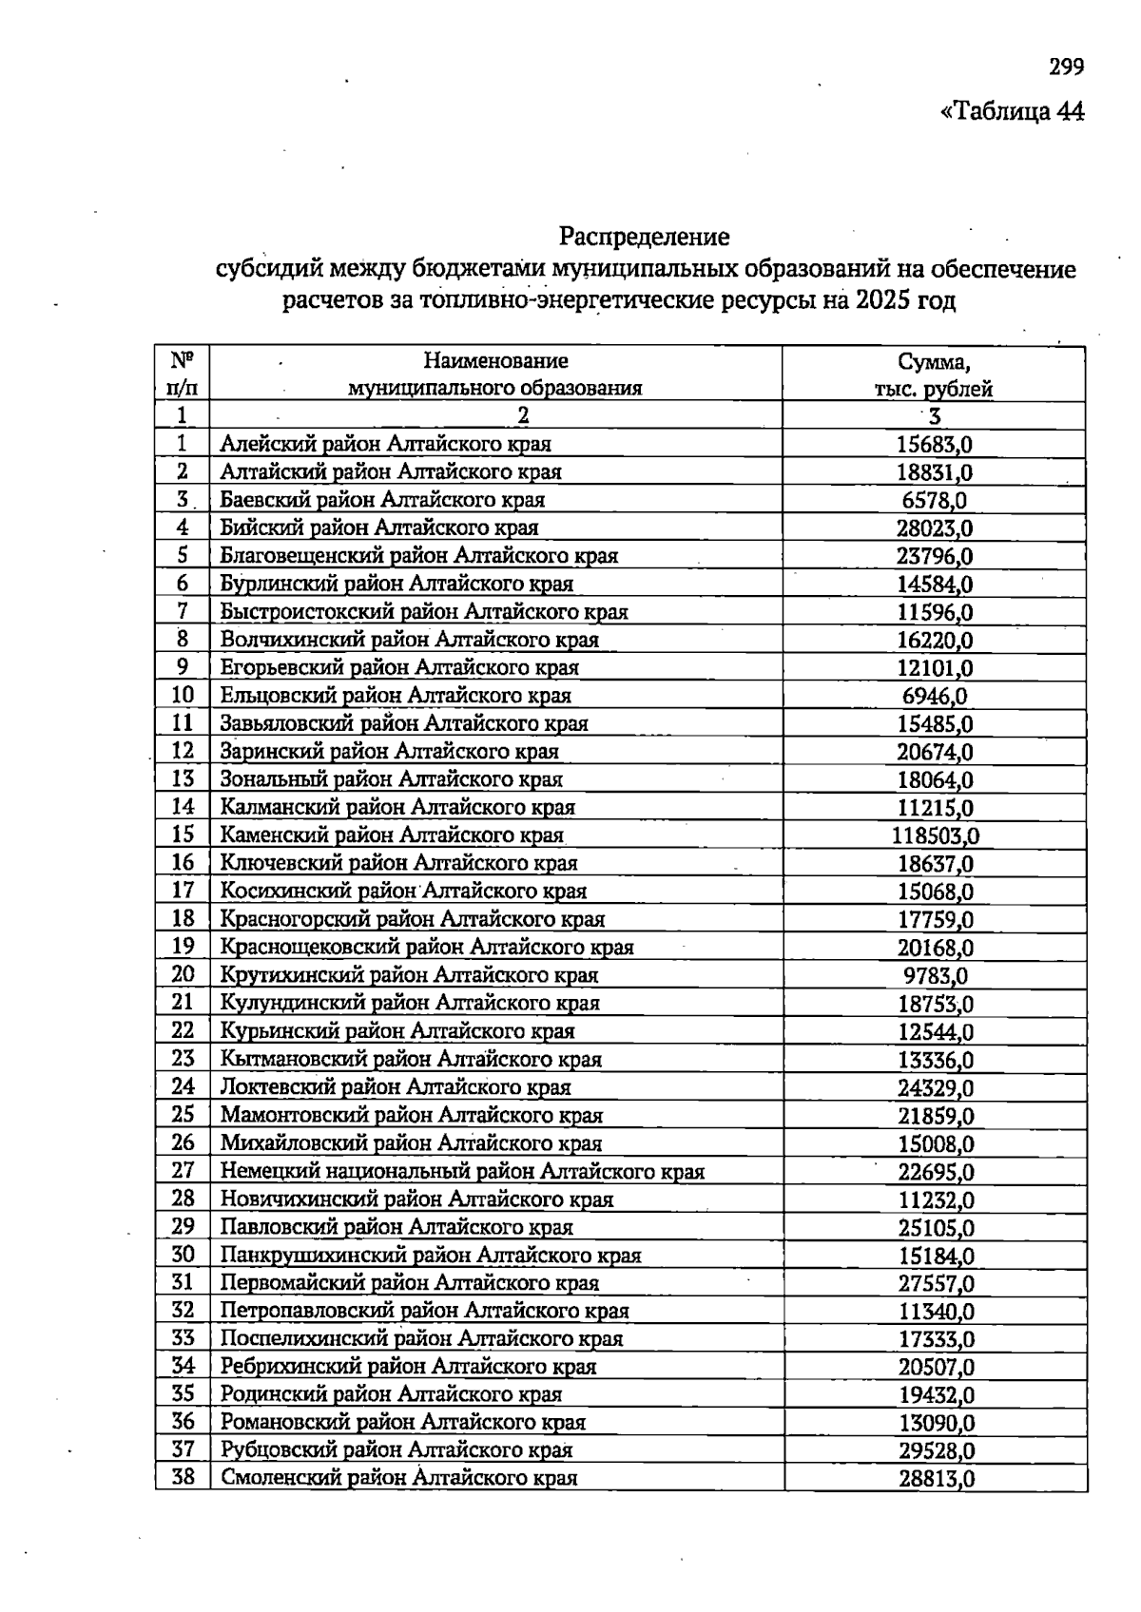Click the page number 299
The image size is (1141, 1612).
tap(1066, 67)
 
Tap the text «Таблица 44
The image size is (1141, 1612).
tap(1012, 111)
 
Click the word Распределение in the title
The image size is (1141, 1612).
tap(644, 236)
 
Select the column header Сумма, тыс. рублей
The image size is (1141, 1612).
tap(934, 374)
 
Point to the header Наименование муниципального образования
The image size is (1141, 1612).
tap(495, 374)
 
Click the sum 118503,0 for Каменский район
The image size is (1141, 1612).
tap(936, 835)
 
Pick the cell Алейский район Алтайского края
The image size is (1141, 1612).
tap(385, 444)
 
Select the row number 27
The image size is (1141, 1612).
tap(183, 1170)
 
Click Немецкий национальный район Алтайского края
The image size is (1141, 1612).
tap(462, 1171)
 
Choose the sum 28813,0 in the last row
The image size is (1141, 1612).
tap(936, 1478)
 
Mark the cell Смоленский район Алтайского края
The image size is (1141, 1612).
tap(398, 1478)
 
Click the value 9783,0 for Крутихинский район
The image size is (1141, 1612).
tap(936, 975)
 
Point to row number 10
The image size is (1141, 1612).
tap(183, 695)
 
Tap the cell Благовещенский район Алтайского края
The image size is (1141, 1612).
tap(418, 556)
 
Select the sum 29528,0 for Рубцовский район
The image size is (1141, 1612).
tap(936, 1450)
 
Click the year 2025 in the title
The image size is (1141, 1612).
tap(880, 302)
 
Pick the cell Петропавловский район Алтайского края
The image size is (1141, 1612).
tap(424, 1311)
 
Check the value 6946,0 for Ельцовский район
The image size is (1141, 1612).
tap(936, 696)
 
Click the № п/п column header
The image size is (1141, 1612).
tap(183, 374)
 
